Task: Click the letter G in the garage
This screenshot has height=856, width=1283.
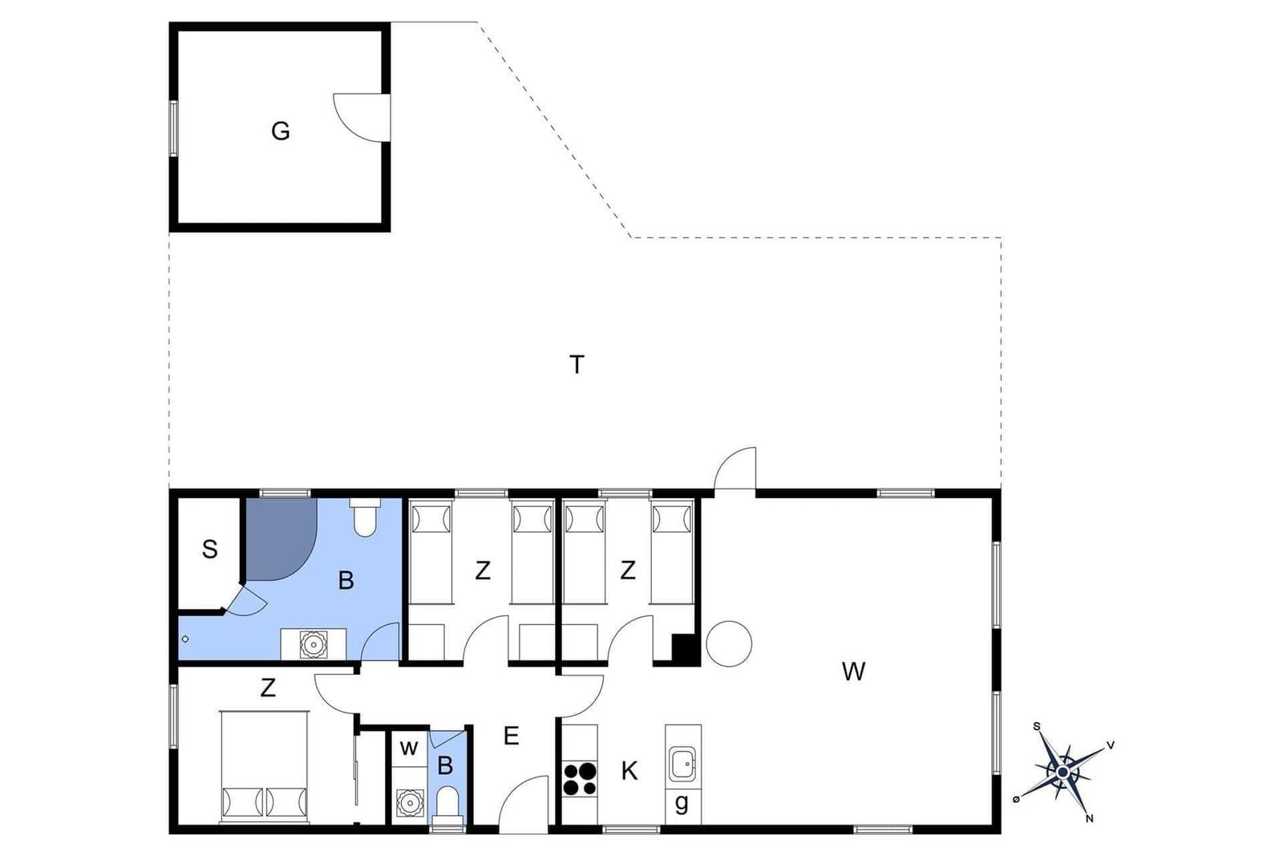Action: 280,132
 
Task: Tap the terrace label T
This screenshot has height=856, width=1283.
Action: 577,364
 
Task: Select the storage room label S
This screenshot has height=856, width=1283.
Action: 209,550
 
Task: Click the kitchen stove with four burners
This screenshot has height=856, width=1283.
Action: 580,779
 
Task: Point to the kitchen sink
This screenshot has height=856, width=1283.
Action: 682,764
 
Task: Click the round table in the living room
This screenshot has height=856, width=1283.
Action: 729,643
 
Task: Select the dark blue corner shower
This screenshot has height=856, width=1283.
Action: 281,538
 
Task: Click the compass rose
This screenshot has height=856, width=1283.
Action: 1062,773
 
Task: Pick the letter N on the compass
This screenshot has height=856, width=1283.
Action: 1090,818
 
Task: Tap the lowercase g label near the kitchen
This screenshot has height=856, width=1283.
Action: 682,803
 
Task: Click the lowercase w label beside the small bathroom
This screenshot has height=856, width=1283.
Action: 408,748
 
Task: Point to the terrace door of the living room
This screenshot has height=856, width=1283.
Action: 735,469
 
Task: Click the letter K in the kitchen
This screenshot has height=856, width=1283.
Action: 629,771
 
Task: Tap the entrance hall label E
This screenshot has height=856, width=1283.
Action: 511,736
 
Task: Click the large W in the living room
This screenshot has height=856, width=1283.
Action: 853,671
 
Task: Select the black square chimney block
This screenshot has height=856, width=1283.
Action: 684,649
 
